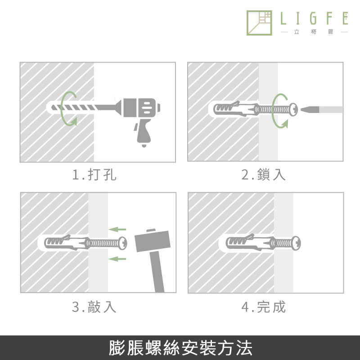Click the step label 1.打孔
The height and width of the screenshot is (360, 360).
(x=94, y=175)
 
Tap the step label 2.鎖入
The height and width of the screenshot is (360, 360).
(x=263, y=175)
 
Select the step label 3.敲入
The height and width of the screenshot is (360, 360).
(x=94, y=307)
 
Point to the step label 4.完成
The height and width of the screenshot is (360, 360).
(x=263, y=307)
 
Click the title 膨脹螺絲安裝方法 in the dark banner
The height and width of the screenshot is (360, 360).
(x=180, y=348)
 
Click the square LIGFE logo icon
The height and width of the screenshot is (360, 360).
(x=259, y=23)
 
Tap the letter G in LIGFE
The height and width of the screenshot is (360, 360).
(x=313, y=18)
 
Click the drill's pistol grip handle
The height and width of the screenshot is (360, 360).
(x=143, y=132)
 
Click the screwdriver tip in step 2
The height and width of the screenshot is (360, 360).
(x=310, y=109)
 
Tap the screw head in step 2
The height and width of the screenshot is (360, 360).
(x=293, y=109)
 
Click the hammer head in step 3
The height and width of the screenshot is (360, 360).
(x=153, y=241)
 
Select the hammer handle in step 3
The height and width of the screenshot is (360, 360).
(x=157, y=272)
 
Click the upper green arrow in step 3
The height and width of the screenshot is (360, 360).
(x=117, y=229)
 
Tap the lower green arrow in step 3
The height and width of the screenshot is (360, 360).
(x=117, y=259)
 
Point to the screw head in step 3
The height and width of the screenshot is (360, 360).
(x=123, y=243)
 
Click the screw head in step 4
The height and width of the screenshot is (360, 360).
(x=297, y=243)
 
